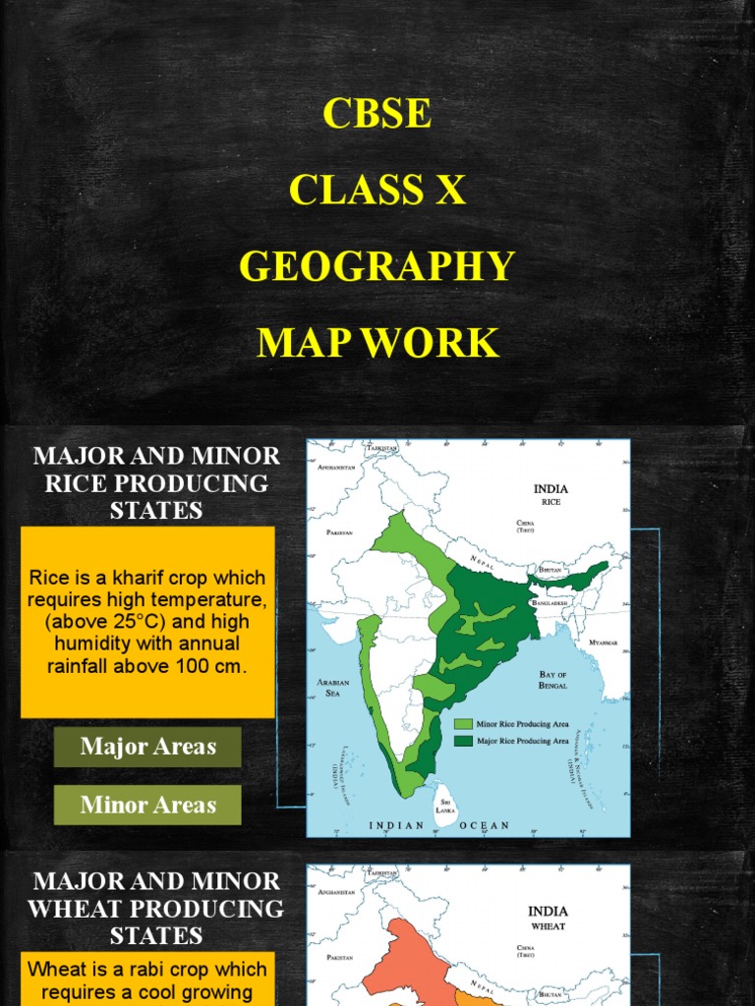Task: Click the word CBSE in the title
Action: [377, 114]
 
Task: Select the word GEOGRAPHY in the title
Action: [377, 266]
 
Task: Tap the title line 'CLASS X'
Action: [377, 190]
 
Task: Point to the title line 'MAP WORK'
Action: [377, 343]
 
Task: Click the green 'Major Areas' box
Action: [147, 747]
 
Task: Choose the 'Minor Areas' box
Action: [147, 805]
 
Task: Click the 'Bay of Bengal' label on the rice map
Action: [552, 680]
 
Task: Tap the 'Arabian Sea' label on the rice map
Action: [334, 687]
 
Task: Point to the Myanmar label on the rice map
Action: [603, 643]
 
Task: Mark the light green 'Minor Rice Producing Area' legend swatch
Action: [462, 724]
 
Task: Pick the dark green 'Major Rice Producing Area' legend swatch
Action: [462, 741]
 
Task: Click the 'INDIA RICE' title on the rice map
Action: [551, 494]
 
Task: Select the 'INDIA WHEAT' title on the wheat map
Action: [549, 918]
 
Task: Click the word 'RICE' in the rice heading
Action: [80, 483]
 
